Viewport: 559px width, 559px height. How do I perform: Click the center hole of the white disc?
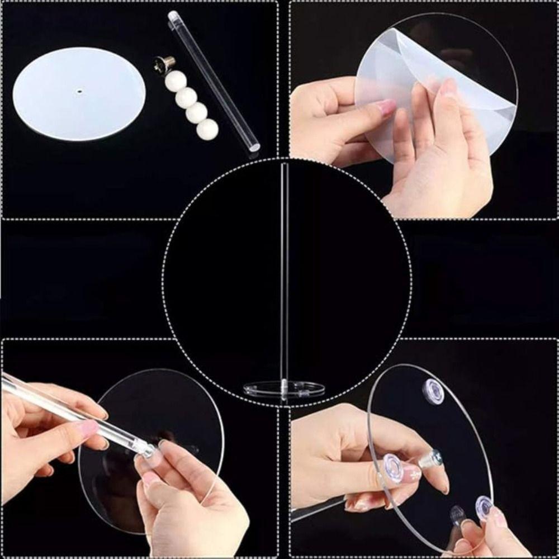click(x=79, y=89)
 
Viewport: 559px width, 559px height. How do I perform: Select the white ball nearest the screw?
click(x=176, y=81)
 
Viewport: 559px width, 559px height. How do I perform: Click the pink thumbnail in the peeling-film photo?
click(x=386, y=107)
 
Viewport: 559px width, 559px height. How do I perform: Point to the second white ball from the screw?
click(x=186, y=98)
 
